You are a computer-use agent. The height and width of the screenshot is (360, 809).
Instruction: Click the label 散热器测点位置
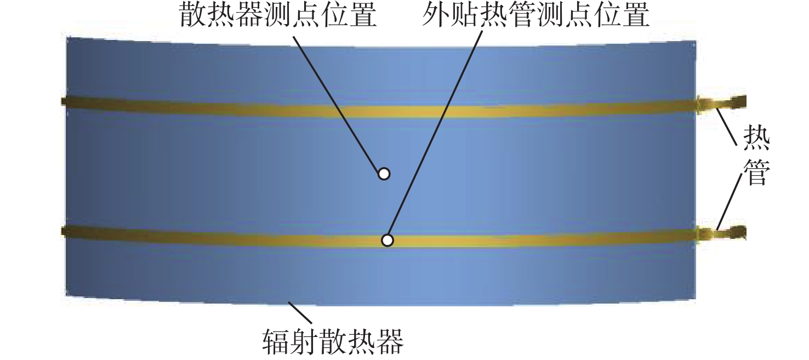279,16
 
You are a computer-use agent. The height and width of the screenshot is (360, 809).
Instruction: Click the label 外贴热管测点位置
536,16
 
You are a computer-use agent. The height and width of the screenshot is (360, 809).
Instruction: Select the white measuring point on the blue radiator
384,174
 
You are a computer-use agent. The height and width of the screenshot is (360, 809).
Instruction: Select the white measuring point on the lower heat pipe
388,240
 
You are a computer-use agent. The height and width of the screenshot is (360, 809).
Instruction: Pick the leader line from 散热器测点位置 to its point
337,101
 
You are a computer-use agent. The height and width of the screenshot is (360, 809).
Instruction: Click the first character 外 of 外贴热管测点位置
436,16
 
